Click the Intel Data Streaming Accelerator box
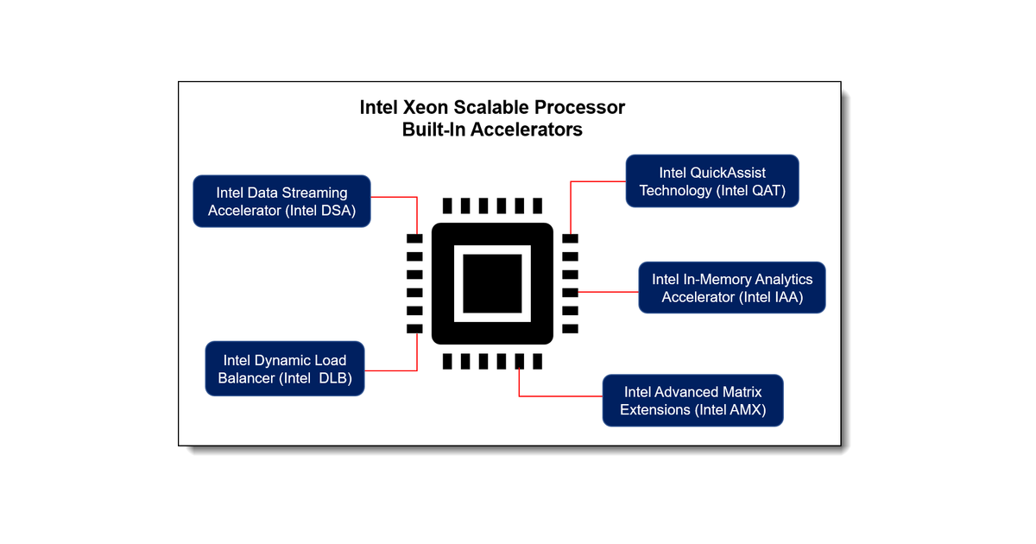(x=282, y=201)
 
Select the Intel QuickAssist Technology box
(x=712, y=181)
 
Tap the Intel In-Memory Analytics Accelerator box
(x=732, y=288)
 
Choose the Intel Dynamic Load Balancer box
(x=285, y=370)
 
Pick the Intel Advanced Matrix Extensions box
(x=692, y=401)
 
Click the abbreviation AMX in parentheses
(x=745, y=410)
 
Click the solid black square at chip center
(x=492, y=284)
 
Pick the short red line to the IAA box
(x=609, y=292)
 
